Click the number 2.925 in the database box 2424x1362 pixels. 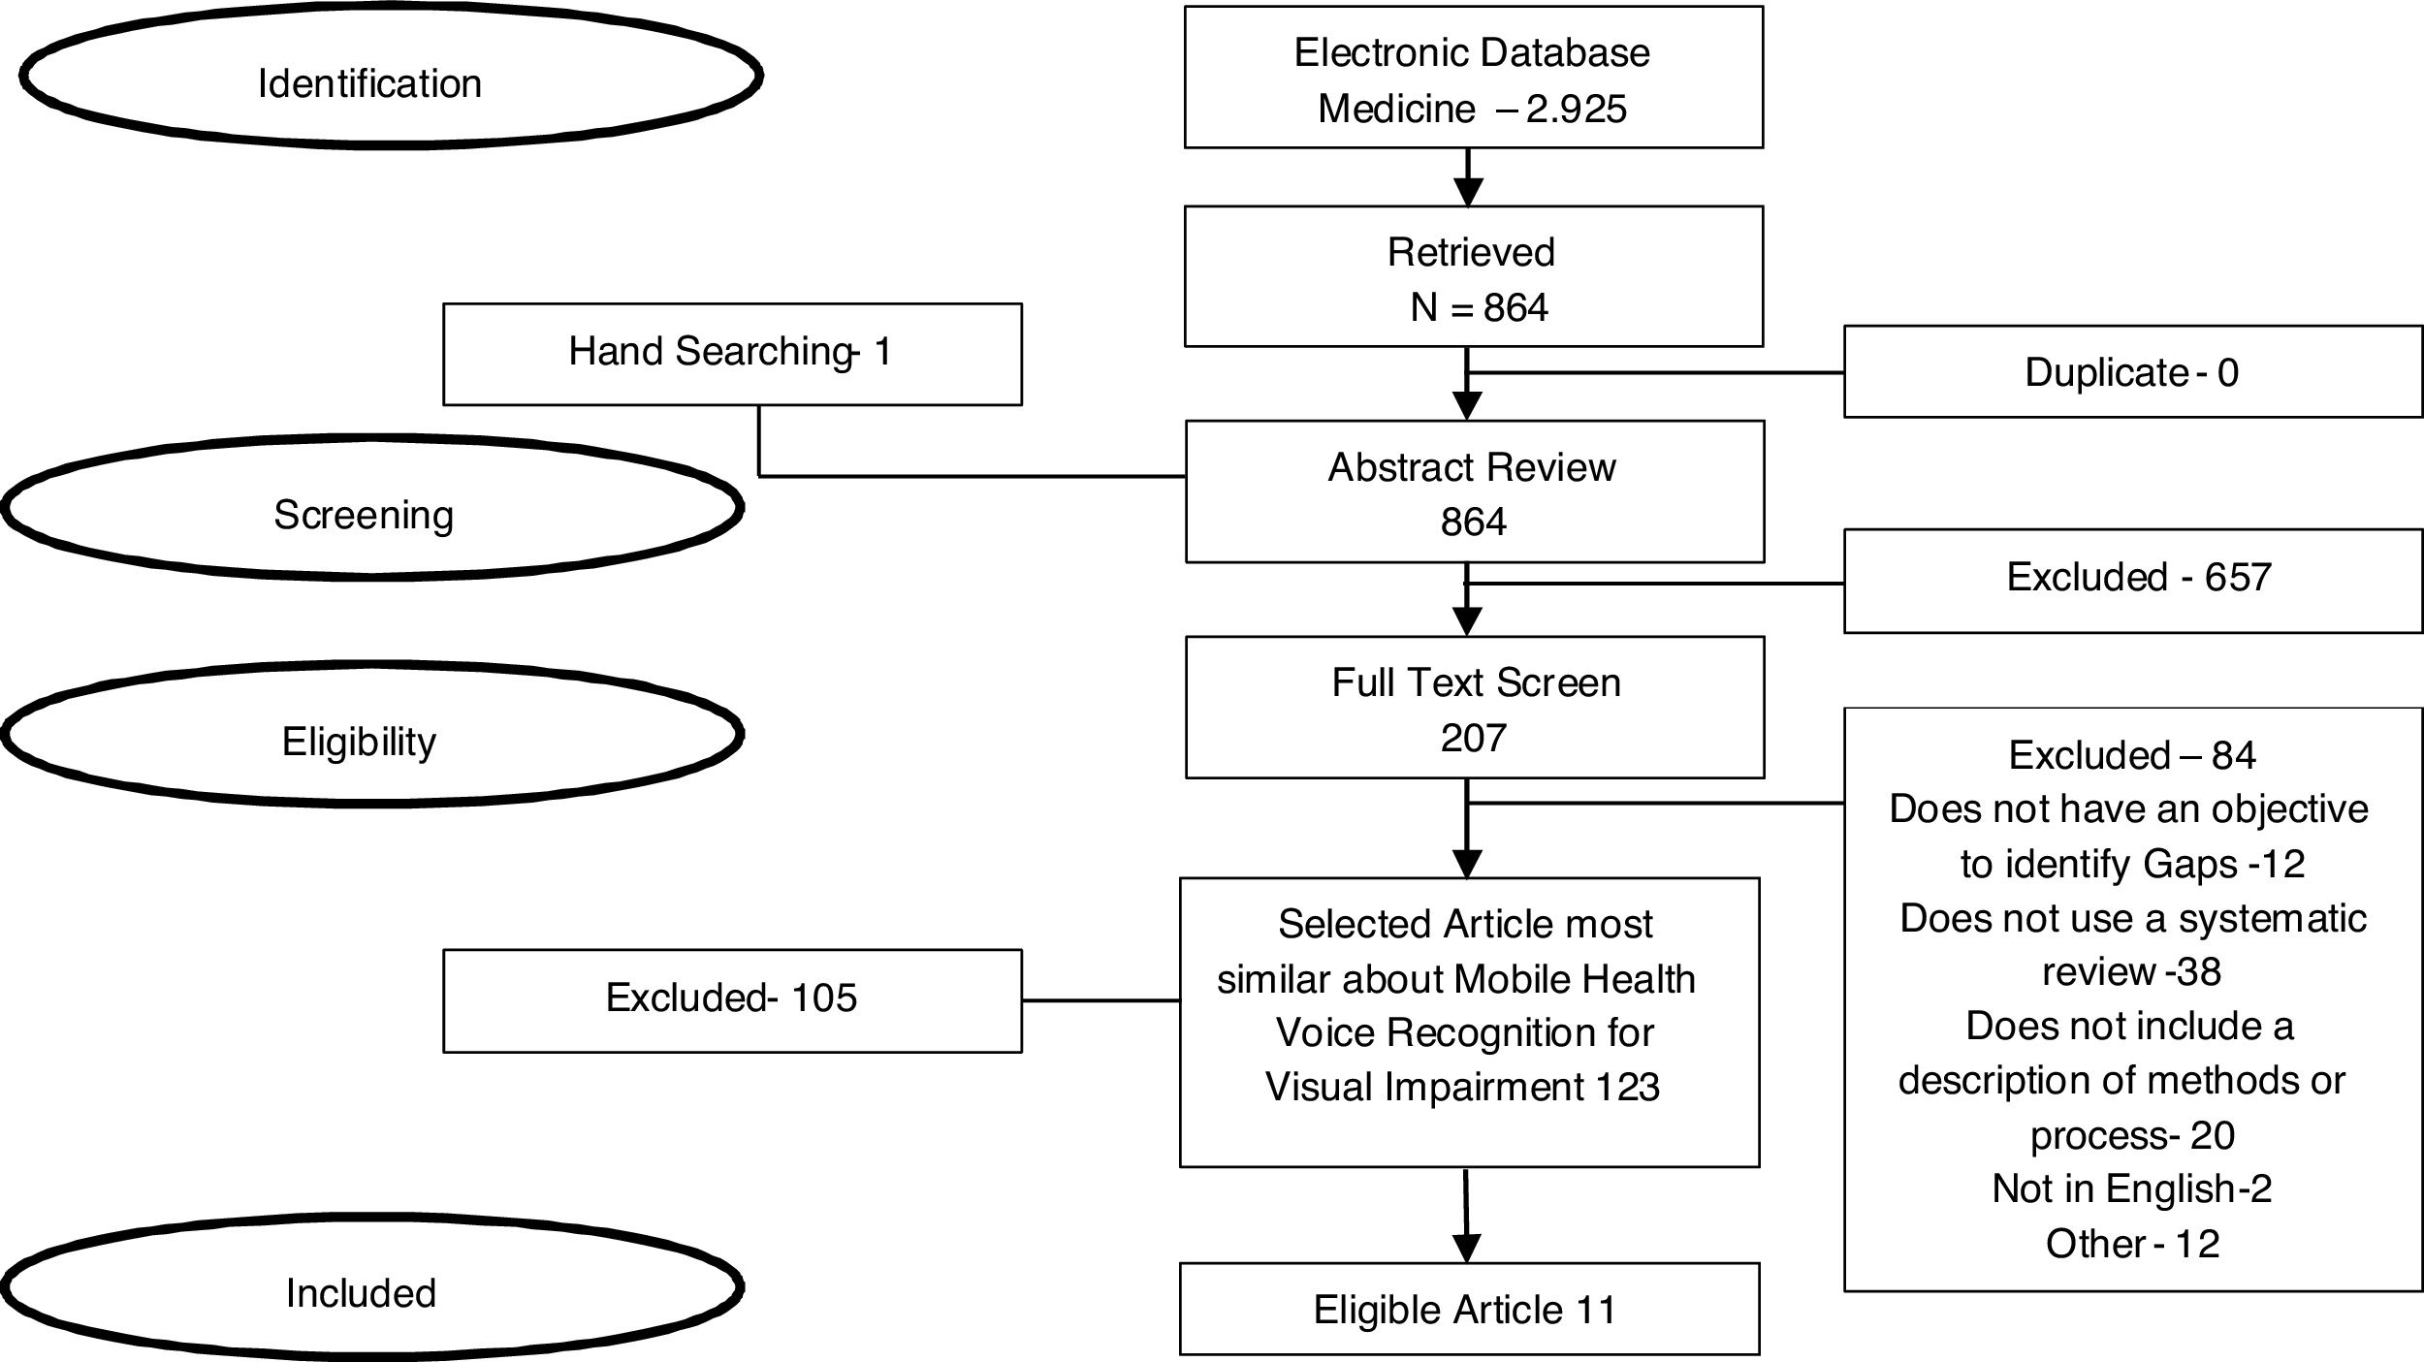1577,109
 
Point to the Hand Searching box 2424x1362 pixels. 732,353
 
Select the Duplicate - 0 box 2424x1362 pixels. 2132,372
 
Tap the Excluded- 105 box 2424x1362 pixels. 732,998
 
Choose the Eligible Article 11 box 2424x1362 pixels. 1468,1310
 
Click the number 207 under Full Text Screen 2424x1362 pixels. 1474,739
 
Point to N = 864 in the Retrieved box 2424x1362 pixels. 1479,308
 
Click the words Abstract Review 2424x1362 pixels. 1472,468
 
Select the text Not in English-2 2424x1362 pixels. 2132,1188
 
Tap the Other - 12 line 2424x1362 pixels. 2132,1244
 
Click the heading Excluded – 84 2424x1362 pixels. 2132,755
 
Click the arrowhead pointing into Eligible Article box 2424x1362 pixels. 1468,1248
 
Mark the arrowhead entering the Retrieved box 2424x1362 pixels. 1469,192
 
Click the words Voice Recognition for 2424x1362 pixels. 1464,1033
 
